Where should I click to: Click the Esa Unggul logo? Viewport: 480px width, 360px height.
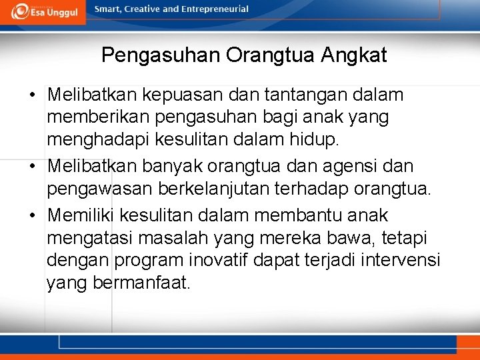click(x=43, y=12)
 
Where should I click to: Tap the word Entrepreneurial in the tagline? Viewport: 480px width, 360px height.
click(x=214, y=9)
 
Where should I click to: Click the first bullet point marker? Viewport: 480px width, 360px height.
click(x=33, y=95)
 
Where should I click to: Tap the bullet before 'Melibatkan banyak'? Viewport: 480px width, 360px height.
click(x=33, y=166)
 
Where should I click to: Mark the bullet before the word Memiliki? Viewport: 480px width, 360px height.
click(x=33, y=216)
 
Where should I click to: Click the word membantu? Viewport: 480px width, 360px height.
click(x=300, y=216)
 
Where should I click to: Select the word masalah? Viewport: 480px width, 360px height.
click(x=177, y=238)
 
